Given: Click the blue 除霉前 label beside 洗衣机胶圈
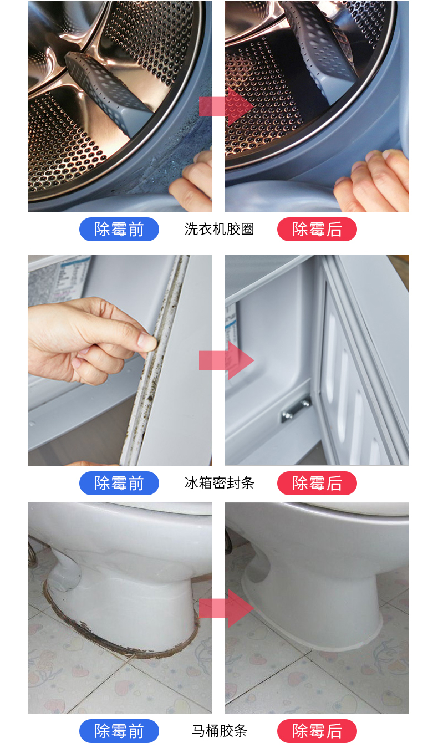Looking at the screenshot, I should (x=119, y=229).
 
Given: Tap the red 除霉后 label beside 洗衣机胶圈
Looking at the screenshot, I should (x=317, y=229).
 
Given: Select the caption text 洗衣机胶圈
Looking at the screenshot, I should (x=219, y=229).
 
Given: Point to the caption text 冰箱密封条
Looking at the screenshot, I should (x=219, y=483).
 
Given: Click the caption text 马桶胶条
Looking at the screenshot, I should (x=219, y=731).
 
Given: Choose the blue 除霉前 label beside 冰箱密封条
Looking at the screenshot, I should (x=119, y=483).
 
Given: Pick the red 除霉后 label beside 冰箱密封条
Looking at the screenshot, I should (x=317, y=483).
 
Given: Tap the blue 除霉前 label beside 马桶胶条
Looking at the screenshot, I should (x=119, y=731).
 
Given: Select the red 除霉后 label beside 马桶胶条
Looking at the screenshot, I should (x=317, y=731).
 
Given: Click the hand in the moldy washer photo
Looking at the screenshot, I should (x=191, y=183).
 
